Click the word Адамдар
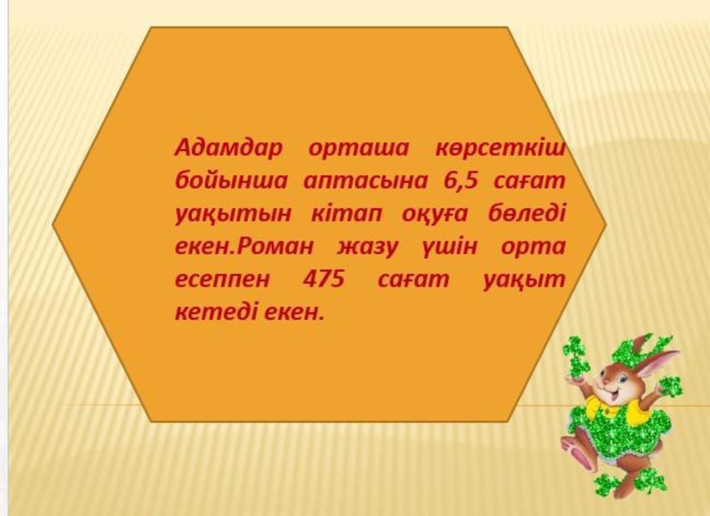pyautogui.click(x=228, y=148)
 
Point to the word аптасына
pyautogui.click(x=366, y=181)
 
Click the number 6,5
pyautogui.click(x=460, y=181)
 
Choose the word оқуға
pyautogui.click(x=435, y=215)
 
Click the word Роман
pyautogui.click(x=275, y=246)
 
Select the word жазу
pyautogui.click(x=367, y=247)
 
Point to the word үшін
pyautogui.click(x=449, y=247)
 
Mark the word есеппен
pyautogui.click(x=222, y=280)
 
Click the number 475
pyautogui.click(x=324, y=279)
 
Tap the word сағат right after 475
pyautogui.click(x=414, y=279)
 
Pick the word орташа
pyautogui.click(x=359, y=149)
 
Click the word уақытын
pyautogui.click(x=233, y=215)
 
